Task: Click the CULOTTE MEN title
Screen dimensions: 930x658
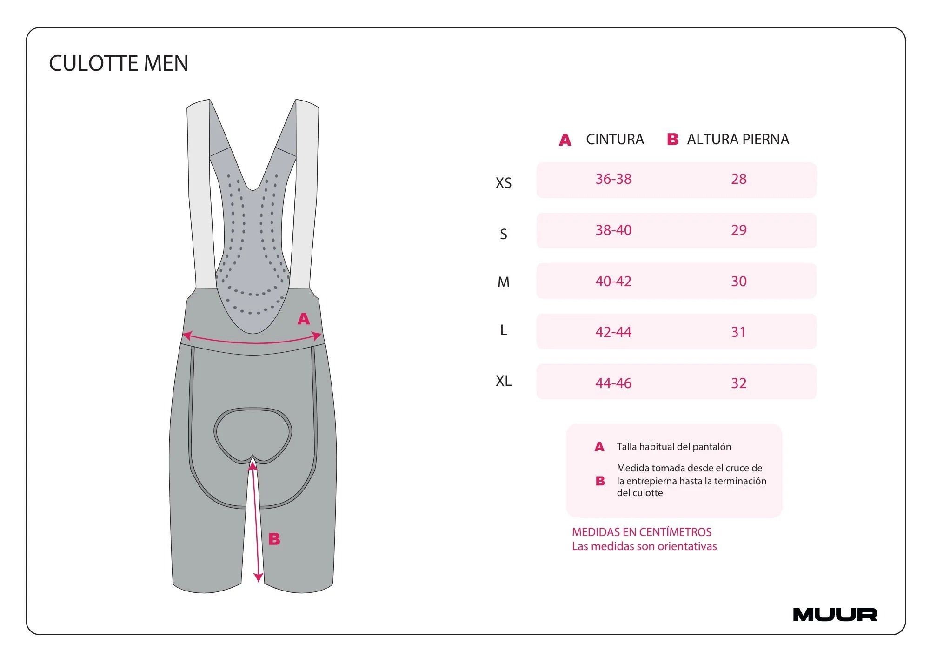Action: click(119, 63)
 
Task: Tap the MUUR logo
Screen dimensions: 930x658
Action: click(835, 615)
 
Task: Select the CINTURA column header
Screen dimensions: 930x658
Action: click(615, 139)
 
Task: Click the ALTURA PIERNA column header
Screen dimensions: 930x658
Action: click(738, 139)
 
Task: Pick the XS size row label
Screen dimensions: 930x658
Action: click(504, 183)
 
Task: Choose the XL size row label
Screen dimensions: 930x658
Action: click(504, 381)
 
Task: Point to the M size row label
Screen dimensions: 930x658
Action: click(504, 282)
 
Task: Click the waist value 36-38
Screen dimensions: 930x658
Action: click(613, 179)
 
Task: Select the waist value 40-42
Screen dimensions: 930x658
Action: click(613, 281)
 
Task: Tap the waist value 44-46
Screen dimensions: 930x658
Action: click(613, 383)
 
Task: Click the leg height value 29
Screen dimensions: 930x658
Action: click(739, 230)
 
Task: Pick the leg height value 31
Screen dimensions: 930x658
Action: click(738, 332)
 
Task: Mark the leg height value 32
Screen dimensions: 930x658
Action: click(739, 383)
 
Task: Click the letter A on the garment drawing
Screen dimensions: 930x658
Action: click(304, 319)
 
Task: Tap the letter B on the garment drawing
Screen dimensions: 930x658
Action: click(274, 539)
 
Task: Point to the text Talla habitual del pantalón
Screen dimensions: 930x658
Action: click(674, 447)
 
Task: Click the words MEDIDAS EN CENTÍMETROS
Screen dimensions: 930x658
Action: click(642, 532)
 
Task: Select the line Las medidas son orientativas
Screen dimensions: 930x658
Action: click(644, 546)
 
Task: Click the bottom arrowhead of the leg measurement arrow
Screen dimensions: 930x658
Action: click(259, 578)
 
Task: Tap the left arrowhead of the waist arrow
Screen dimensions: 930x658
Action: click(187, 335)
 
